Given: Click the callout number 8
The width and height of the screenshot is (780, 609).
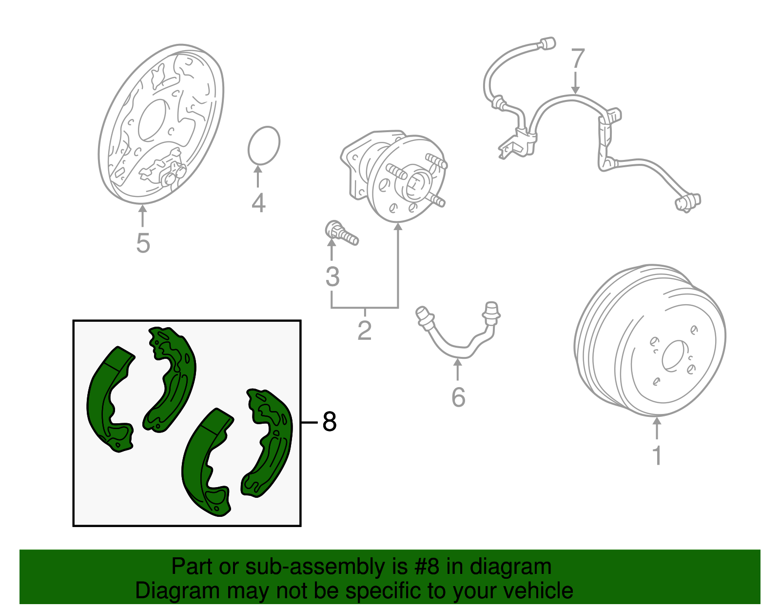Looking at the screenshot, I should [330, 422].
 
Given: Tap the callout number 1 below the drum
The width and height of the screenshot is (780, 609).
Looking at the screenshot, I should [657, 454].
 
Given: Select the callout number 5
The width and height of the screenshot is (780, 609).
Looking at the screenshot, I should [142, 243].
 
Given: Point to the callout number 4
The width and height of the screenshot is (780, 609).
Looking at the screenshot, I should [258, 203].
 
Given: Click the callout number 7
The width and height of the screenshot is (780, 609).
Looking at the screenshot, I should [577, 59].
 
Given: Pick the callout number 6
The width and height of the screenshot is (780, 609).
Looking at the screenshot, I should [458, 397].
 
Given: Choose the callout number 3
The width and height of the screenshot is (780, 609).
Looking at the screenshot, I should [332, 277].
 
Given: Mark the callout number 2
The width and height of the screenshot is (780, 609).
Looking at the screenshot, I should [364, 330].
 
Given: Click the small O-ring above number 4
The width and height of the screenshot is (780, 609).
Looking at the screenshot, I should [264, 145].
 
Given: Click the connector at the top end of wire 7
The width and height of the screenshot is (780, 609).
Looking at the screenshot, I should [548, 43].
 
